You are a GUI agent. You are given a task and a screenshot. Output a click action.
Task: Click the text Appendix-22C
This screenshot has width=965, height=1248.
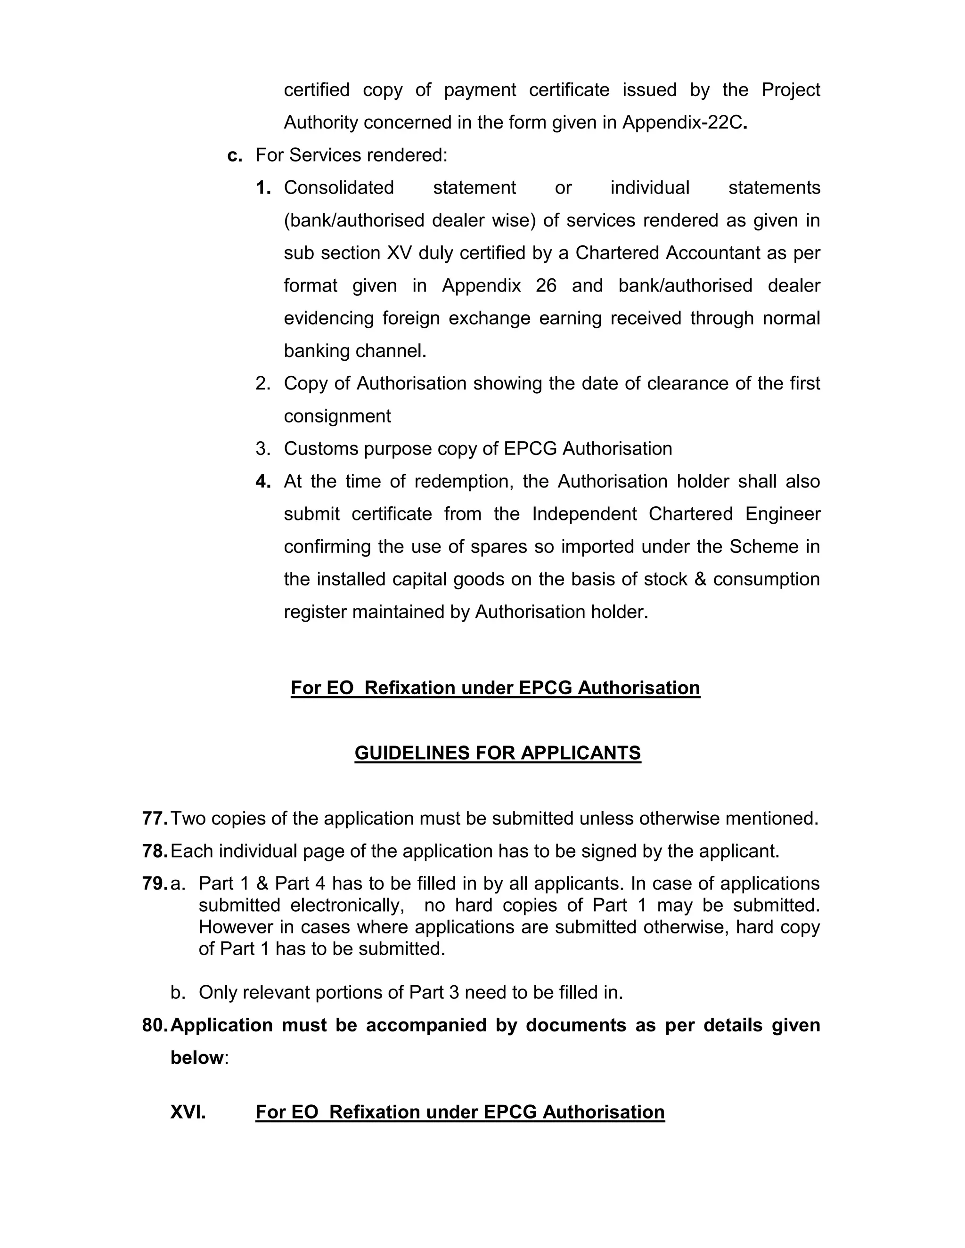coord(684,122)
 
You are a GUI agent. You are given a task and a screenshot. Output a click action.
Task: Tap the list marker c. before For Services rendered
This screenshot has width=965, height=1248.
coord(234,155)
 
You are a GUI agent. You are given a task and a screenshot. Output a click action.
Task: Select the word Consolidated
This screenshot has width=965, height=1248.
coord(338,187)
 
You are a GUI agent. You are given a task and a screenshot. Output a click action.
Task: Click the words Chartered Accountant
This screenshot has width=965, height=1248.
coord(667,252)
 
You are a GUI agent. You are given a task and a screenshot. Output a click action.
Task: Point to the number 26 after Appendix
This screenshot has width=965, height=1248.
coord(546,285)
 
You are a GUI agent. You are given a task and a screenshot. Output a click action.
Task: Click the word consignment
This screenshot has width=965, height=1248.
coord(337,416)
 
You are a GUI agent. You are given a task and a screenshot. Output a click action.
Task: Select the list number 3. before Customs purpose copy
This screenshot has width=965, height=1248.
coord(262,448)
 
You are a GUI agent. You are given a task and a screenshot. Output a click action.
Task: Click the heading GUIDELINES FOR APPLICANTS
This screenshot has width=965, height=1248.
coord(498,753)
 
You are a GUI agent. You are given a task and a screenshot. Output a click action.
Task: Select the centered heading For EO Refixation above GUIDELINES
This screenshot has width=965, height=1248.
coord(495,688)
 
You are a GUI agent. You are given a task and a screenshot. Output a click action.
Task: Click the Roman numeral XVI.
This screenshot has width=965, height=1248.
coord(188,1112)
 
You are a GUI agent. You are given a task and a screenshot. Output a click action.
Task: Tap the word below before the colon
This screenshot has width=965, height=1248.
coord(196,1058)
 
